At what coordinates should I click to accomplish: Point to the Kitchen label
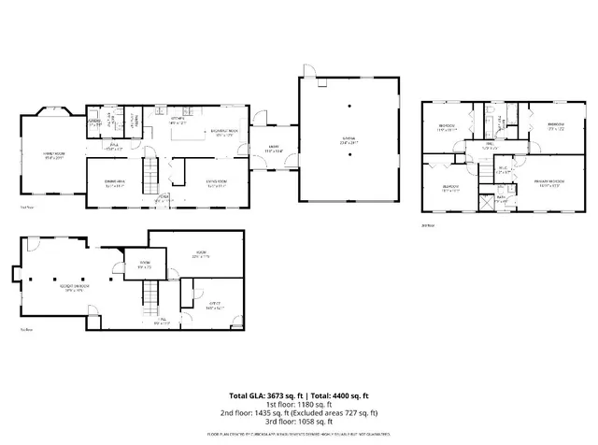click(176, 121)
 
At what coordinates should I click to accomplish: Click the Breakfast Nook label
click(225, 134)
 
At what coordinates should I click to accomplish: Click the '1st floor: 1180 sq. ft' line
click(299, 405)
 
